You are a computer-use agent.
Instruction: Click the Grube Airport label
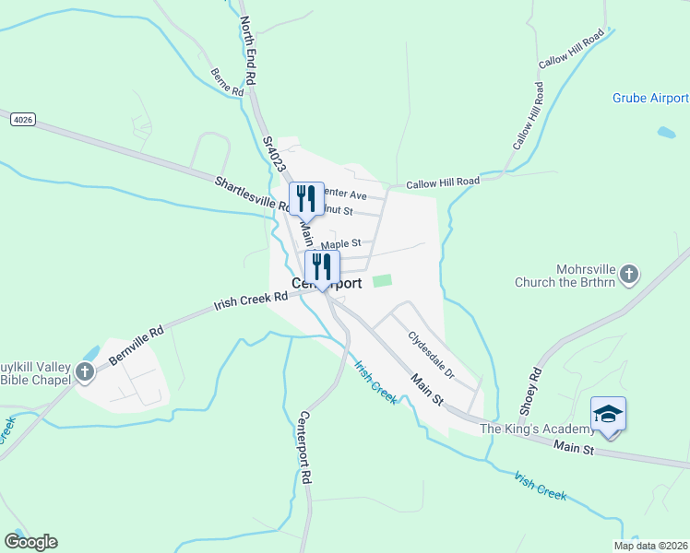point(650,99)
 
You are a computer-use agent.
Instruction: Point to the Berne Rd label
point(226,82)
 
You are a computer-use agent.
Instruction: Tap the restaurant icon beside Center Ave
point(306,198)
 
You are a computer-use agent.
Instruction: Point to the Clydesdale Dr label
point(432,355)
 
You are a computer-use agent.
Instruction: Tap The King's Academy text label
point(535,429)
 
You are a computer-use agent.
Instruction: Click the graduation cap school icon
point(609,412)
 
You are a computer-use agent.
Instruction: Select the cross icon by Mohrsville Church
point(628,274)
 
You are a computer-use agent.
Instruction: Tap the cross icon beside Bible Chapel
point(85,372)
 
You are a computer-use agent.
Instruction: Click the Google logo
point(30,542)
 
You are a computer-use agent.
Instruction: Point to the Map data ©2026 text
point(649,546)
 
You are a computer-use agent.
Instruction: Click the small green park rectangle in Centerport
point(382,280)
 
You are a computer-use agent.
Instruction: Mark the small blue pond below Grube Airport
point(666,133)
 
